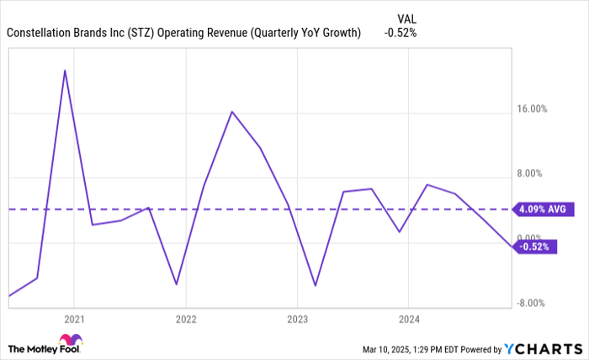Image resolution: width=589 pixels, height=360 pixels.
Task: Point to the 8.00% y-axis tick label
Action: (533, 173)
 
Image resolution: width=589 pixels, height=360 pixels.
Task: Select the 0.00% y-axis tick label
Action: (533, 238)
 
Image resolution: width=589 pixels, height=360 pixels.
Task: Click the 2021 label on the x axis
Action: (74, 320)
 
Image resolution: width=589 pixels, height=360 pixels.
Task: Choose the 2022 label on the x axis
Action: (185, 320)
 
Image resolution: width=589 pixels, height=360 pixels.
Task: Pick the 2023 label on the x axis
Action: (297, 320)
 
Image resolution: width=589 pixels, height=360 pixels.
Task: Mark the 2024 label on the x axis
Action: (408, 320)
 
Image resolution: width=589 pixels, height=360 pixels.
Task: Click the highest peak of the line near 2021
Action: (65, 71)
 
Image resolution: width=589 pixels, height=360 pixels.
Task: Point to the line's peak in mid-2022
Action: (231, 111)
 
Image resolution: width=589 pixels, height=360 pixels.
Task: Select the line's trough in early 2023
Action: (315, 286)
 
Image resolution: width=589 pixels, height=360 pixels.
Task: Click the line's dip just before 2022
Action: (176, 284)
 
